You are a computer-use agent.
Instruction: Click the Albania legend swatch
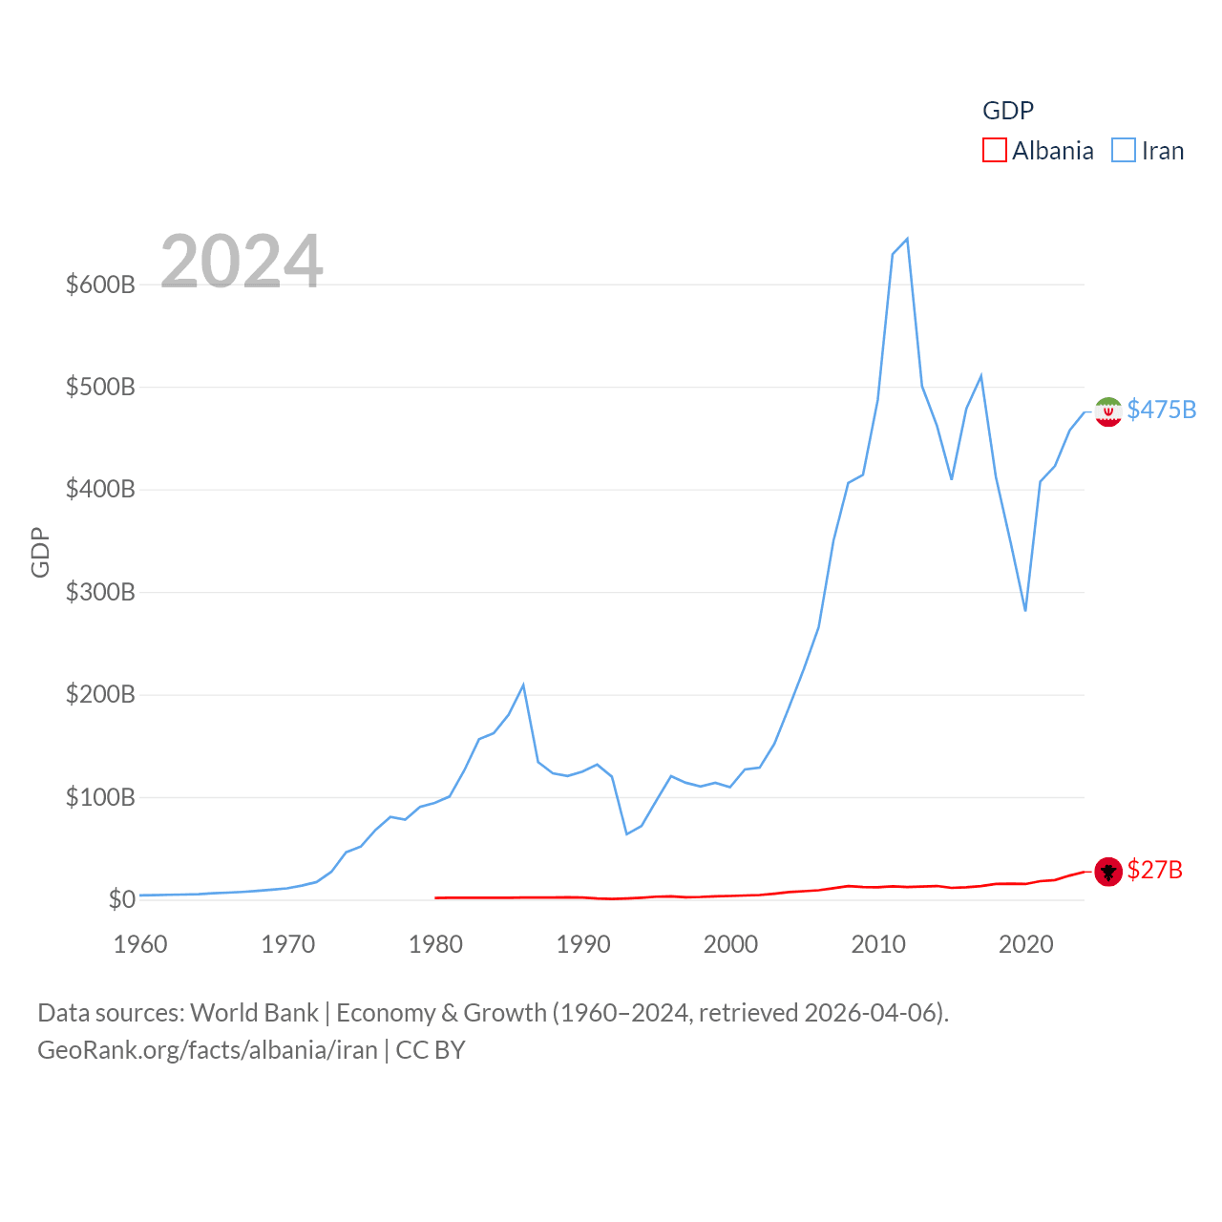point(995,151)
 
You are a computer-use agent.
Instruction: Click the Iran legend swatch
point(1124,151)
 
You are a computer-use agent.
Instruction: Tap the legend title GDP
point(1008,111)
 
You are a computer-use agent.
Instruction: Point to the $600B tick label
point(100,284)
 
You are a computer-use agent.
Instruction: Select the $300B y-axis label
point(100,592)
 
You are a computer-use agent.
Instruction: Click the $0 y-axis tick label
point(121,899)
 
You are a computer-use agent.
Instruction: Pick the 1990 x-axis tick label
point(583,944)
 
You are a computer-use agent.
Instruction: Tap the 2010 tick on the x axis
point(878,944)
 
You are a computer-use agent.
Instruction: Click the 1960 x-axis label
point(140,944)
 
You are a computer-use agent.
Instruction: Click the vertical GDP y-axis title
point(40,552)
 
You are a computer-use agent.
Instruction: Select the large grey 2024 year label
point(242,262)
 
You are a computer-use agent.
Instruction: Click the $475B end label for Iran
point(1161,410)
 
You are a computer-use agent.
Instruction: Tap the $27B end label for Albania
point(1154,870)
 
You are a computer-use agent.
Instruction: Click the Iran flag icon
point(1107,411)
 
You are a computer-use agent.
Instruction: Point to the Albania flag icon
point(1107,871)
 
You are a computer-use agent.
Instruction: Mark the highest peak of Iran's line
point(907,239)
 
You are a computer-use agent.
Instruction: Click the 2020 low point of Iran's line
point(1025,610)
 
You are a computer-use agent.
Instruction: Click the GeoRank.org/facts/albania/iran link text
point(207,1050)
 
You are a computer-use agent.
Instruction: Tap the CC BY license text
point(431,1050)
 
